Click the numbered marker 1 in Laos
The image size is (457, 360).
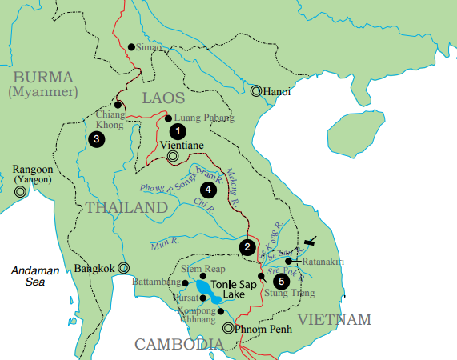coord(178,130)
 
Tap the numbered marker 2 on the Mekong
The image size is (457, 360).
coord(248,246)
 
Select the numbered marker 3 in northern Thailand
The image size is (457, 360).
coord(97,139)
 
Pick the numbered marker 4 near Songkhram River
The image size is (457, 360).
coord(209,190)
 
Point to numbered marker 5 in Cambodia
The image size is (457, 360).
coord(280,281)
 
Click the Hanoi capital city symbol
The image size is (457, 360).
coord(256,91)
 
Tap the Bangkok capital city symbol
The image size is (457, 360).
coord(123,268)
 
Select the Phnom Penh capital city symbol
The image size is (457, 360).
coord(228,328)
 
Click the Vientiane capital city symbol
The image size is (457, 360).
coord(173,157)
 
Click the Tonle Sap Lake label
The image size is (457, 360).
coord(233,289)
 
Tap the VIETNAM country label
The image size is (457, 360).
coord(334,320)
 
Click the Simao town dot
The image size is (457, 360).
coord(133,47)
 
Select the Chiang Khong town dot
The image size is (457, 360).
coord(118,105)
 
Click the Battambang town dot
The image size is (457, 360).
coord(186,282)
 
